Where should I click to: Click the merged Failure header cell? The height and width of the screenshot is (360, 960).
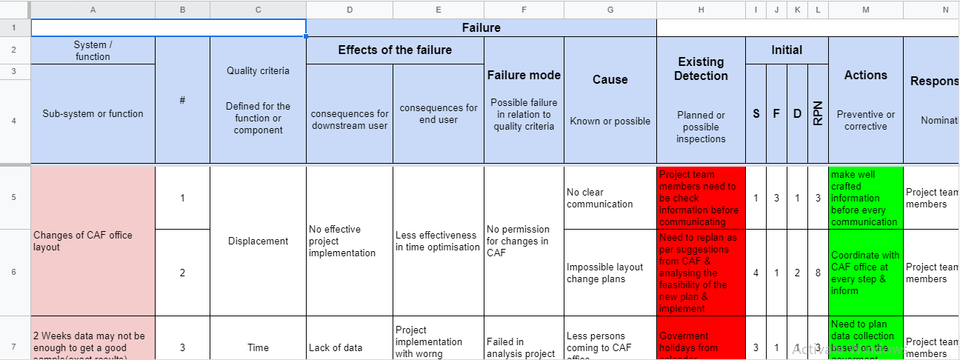click(481, 28)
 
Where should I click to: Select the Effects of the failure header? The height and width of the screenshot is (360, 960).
click(395, 50)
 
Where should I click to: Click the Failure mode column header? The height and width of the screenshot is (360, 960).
click(524, 76)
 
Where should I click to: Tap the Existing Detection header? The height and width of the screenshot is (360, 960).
click(701, 69)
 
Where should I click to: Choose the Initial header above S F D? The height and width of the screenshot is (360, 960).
click(787, 50)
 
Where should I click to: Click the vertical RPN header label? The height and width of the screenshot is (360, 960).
click(818, 113)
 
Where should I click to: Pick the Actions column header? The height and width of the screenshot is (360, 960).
click(865, 76)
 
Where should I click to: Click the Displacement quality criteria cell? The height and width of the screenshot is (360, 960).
click(258, 241)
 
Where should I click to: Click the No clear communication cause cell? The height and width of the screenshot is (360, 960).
click(610, 198)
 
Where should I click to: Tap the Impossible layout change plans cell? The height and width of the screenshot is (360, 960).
click(610, 273)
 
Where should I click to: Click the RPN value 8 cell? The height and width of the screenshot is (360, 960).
click(818, 273)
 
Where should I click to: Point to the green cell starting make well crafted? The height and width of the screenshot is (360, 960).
click(865, 198)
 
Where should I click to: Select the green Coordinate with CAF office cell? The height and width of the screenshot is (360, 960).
click(865, 273)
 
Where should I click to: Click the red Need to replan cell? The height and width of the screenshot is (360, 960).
click(701, 273)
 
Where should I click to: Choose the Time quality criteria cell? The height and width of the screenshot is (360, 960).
click(258, 347)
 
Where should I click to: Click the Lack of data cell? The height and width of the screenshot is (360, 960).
click(349, 347)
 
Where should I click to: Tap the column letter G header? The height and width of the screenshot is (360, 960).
click(610, 10)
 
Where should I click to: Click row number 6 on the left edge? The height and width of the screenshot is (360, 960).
click(14, 273)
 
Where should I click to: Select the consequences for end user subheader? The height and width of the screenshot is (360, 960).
click(439, 113)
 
